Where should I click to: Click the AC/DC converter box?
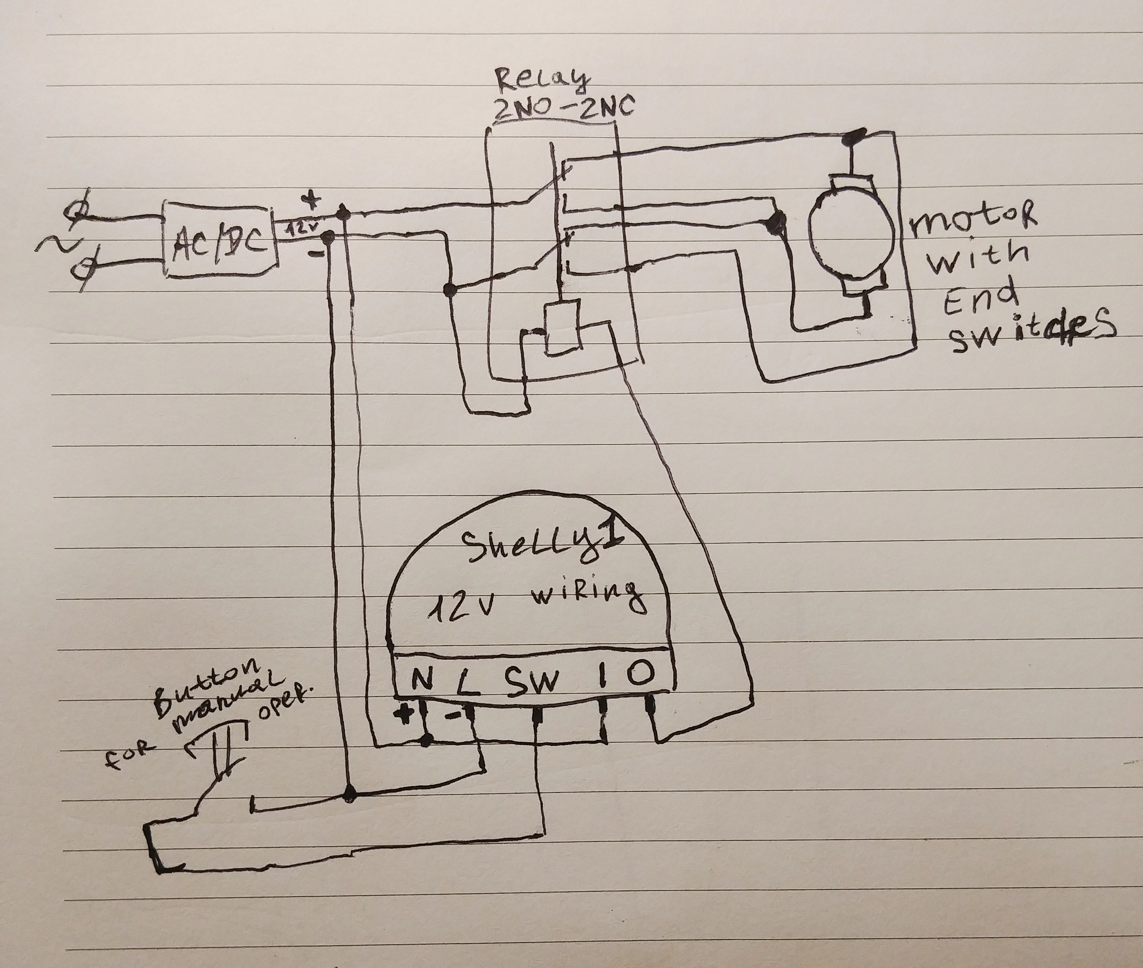(x=219, y=242)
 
